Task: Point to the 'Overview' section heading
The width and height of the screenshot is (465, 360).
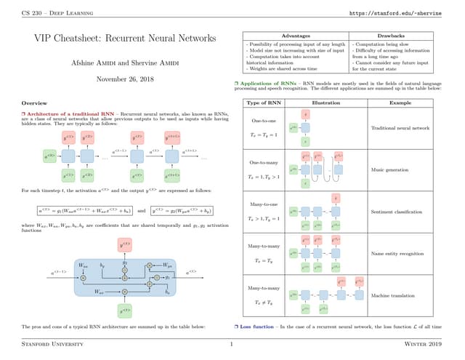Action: click(x=35, y=103)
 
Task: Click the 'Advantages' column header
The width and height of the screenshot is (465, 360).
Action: click(x=294, y=36)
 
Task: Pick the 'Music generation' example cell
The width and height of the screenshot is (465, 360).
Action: click(x=391, y=170)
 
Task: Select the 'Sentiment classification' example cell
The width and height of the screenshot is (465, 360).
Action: click(x=396, y=212)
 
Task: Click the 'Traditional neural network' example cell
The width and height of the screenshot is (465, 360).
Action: click(x=401, y=128)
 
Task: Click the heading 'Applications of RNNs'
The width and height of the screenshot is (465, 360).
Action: click(x=271, y=84)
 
